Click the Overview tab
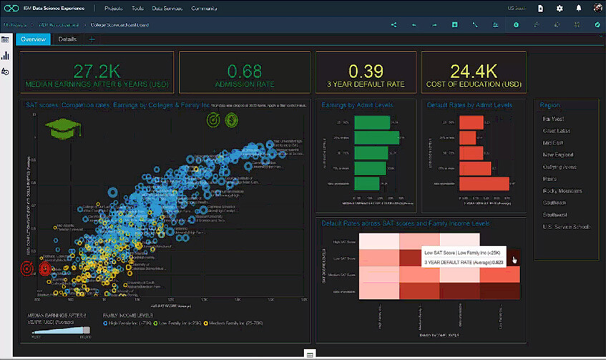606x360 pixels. pyautogui.click(x=33, y=39)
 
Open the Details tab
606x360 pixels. pyautogui.click(x=67, y=39)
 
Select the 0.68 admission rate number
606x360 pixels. pyautogui.click(x=245, y=71)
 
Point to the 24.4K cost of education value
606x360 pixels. pyautogui.click(x=473, y=71)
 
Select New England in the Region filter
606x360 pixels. pyautogui.click(x=557, y=155)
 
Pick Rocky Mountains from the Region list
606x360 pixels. pyautogui.click(x=563, y=191)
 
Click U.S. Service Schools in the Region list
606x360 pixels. pyautogui.click(x=565, y=227)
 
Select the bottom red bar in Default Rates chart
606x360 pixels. pyautogui.click(x=484, y=184)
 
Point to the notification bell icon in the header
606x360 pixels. pyautogui.click(x=578, y=9)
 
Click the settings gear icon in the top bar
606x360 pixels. pyautogui.click(x=559, y=9)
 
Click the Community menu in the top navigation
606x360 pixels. pyautogui.click(x=204, y=9)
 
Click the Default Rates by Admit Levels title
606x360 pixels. pyautogui.click(x=469, y=105)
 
